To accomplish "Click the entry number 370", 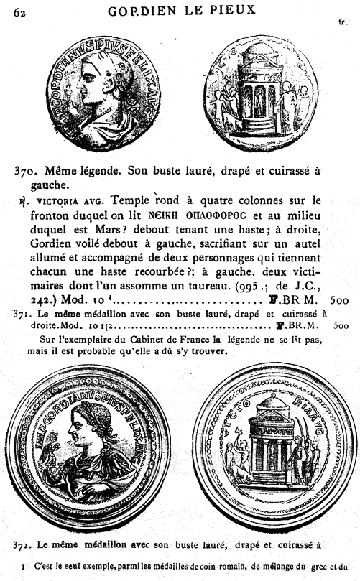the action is click(x=27, y=172).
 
